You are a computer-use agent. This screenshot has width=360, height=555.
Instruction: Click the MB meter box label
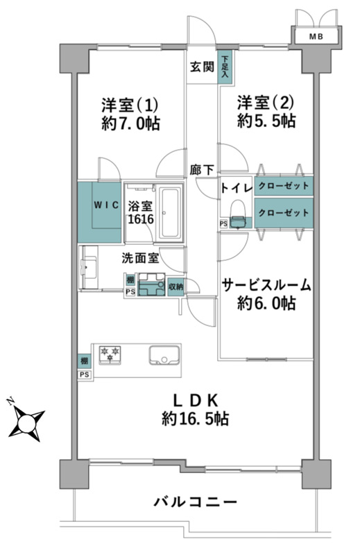[316, 36]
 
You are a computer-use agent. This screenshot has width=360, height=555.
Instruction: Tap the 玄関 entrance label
[202, 67]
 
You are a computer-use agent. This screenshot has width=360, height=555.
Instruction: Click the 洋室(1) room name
[130, 105]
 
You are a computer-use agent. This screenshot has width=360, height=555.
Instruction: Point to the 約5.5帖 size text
[266, 121]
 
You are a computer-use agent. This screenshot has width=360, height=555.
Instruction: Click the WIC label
[106, 205]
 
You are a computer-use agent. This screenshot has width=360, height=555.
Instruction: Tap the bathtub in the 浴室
[171, 212]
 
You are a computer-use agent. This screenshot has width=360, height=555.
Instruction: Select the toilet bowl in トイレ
[238, 214]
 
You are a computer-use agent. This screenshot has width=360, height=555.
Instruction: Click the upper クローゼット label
[284, 185]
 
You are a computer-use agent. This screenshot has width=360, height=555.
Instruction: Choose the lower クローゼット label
[284, 213]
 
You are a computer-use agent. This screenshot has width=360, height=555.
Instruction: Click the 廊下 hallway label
[202, 170]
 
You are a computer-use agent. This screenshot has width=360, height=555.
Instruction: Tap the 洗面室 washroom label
[140, 258]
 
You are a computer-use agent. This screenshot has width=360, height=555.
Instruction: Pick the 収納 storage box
[176, 287]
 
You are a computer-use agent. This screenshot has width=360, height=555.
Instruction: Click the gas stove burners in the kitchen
[110, 355]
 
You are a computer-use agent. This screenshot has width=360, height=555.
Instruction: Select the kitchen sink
[164, 355]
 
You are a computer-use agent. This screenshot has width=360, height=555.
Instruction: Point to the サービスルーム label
[266, 285]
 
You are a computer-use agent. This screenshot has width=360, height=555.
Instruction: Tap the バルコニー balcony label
[196, 502]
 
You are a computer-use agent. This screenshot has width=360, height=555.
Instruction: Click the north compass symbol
[26, 421]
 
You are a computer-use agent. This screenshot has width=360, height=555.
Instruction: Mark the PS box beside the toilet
[223, 223]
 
